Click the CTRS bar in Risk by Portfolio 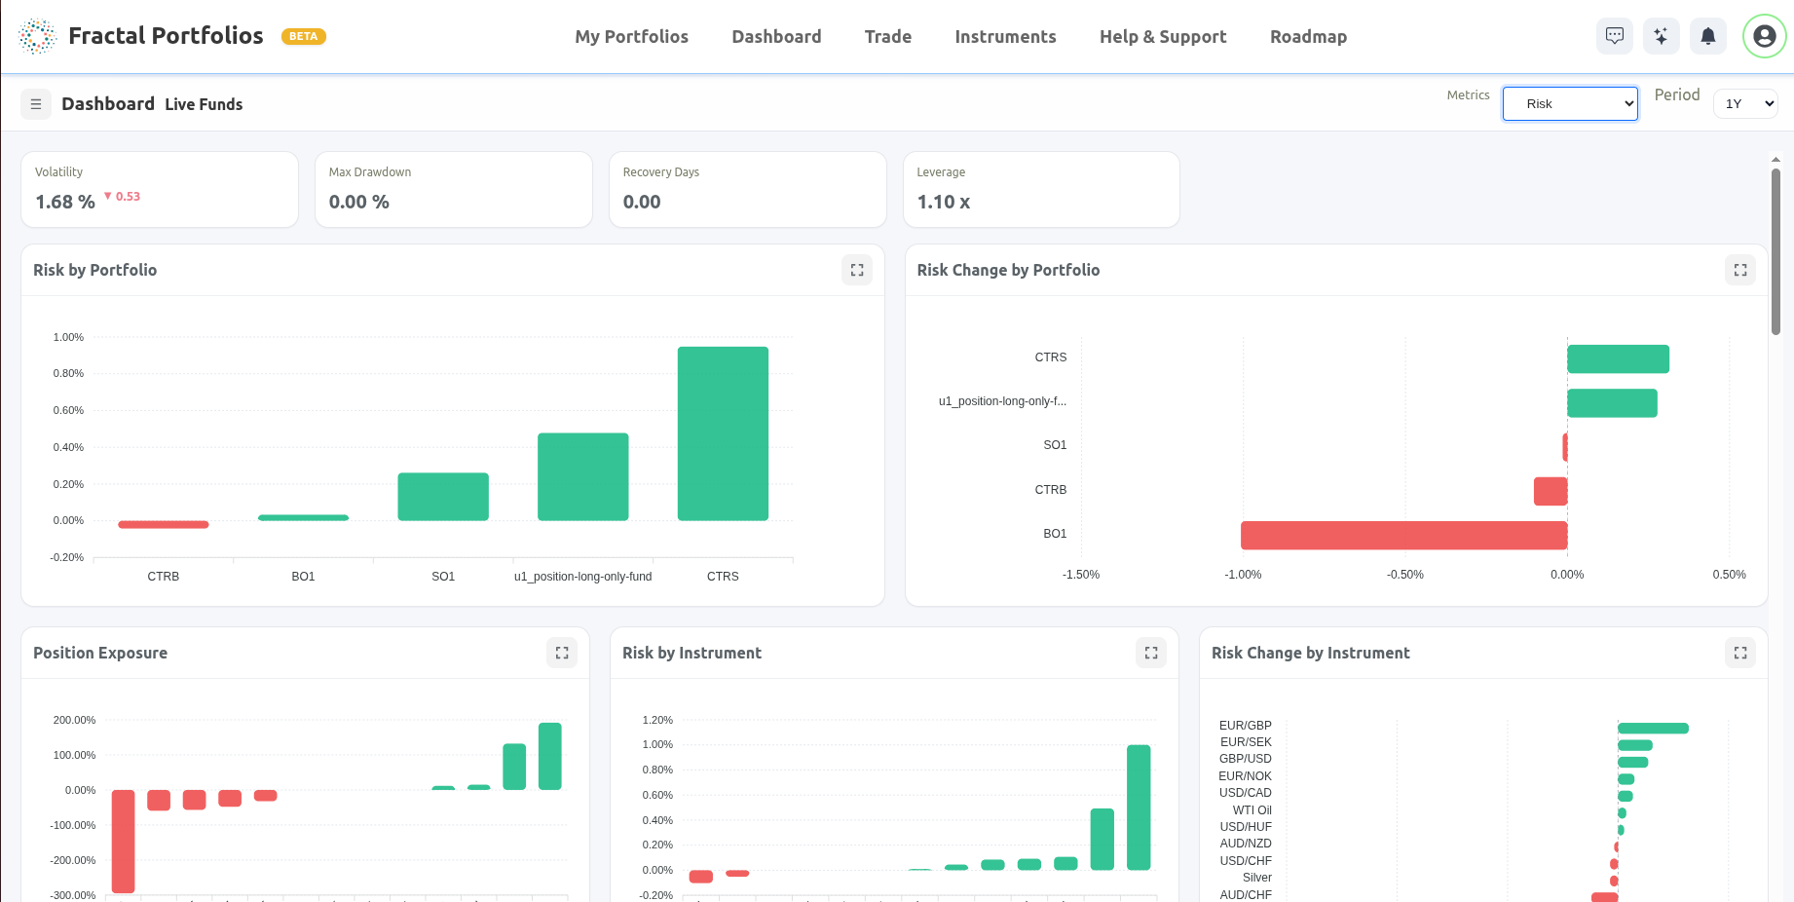[723, 433]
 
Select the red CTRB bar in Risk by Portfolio [164, 525]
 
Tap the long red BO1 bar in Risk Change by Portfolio [1403, 535]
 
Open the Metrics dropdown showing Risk [1569, 104]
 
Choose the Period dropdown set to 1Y [1745, 104]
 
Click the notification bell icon [1707, 37]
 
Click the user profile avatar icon [1764, 37]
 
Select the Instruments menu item [1005, 37]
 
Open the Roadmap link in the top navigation [1308, 37]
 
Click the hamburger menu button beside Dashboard [36, 104]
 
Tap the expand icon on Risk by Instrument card [1151, 653]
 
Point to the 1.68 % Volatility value [65, 202]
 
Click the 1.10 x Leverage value [943, 202]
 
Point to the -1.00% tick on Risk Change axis [1243, 575]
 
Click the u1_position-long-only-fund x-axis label [582, 577]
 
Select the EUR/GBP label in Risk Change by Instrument [1245, 726]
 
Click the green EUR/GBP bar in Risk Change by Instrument [1653, 729]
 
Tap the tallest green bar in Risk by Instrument [1139, 807]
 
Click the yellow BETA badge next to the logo [303, 37]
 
